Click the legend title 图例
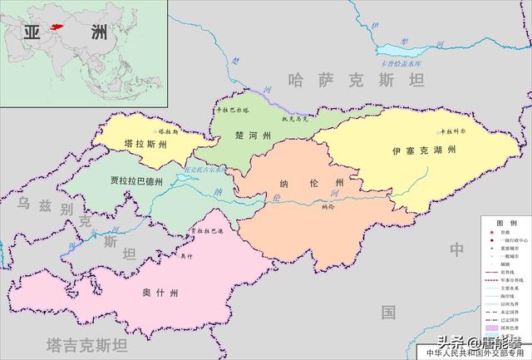tap(506, 224)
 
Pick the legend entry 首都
tap(510, 234)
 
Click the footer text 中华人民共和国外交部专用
tap(476, 353)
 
